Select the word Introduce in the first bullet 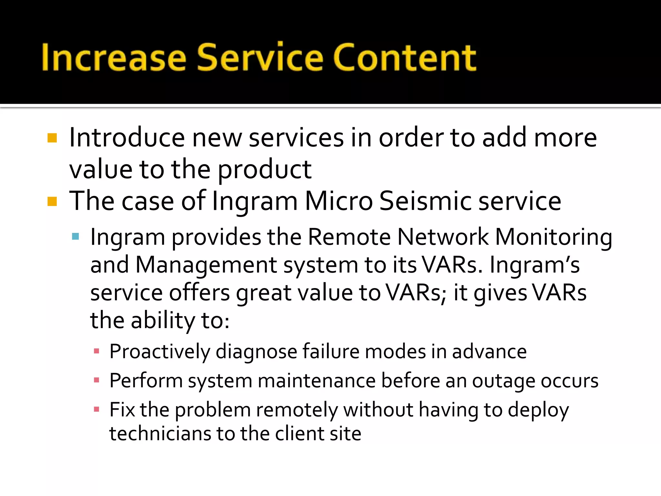point(127,138)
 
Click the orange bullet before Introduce point(52,138)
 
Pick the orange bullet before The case point(52,201)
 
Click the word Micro point(339,201)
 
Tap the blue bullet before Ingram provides point(76,236)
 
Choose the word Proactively point(160,352)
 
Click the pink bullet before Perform point(96,380)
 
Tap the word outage point(504,381)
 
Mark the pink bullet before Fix point(96,409)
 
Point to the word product point(265,170)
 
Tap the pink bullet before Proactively point(96,351)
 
